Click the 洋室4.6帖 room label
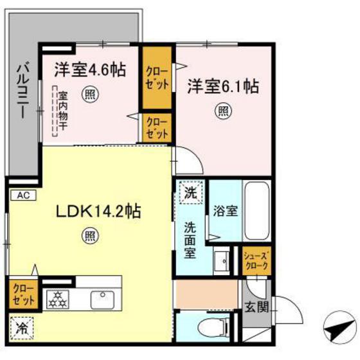pos(90,69)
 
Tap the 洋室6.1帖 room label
pos(223,87)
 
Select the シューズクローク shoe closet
pos(256,260)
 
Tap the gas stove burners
pos(57,298)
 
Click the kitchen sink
pos(102,298)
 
